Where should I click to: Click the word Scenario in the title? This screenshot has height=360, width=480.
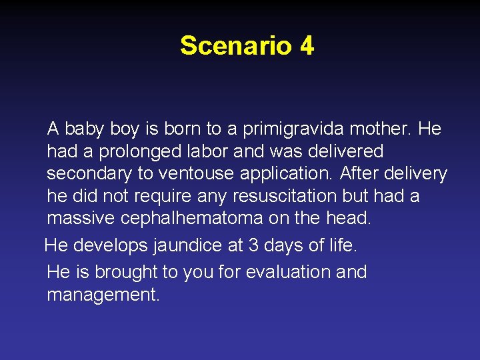click(x=236, y=46)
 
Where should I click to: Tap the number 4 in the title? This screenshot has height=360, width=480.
click(x=307, y=46)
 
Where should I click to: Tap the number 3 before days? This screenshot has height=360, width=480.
click(x=253, y=245)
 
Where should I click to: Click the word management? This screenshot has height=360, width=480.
click(x=103, y=295)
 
